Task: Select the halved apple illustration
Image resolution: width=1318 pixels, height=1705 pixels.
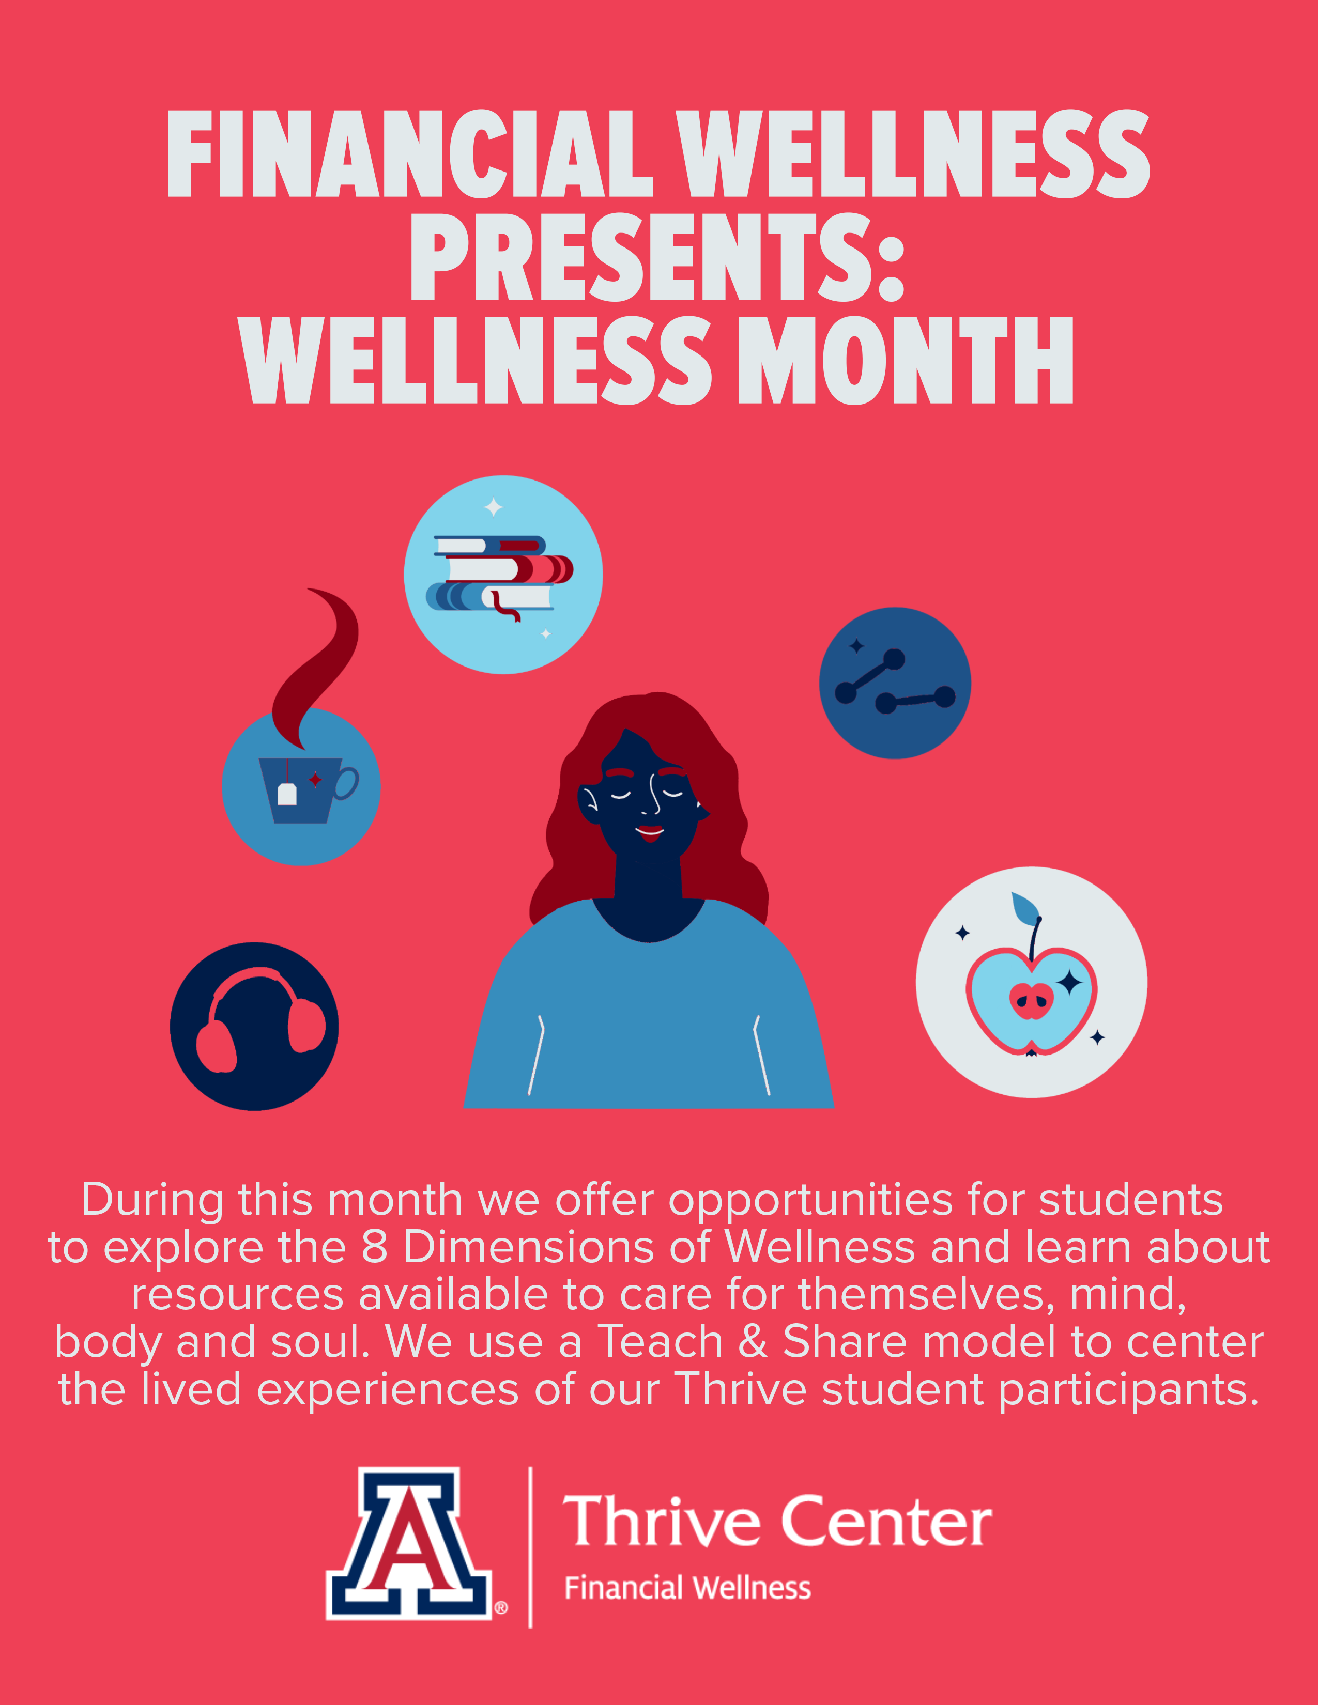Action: (x=1031, y=999)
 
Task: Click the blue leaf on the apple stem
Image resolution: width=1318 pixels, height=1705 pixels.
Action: (x=1024, y=907)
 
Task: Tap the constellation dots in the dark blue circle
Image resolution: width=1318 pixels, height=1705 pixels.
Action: (x=895, y=683)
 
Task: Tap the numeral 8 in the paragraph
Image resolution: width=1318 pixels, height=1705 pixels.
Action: (x=375, y=1247)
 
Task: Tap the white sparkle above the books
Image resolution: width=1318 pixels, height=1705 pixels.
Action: (x=494, y=507)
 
